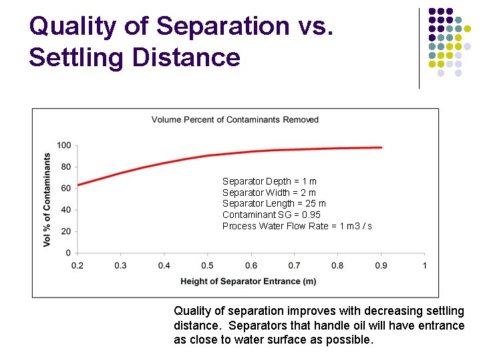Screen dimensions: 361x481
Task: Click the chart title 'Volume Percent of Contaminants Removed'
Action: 235,120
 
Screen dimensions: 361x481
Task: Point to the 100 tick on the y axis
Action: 64,146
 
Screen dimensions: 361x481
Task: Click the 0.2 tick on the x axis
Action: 77,265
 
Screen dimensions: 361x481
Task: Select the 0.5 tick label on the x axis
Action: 208,265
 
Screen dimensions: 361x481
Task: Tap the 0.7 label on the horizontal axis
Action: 295,265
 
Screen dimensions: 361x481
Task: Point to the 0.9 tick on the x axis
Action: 381,265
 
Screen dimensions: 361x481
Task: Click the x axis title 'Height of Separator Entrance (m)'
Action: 249,281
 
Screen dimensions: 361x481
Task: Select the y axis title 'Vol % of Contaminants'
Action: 47,199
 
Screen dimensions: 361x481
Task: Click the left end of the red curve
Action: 78,185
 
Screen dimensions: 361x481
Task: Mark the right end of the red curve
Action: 381,148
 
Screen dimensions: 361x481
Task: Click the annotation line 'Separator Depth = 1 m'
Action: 269,181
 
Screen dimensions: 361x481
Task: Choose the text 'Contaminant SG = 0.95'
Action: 271,215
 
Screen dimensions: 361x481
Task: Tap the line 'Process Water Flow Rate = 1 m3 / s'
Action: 297,226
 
